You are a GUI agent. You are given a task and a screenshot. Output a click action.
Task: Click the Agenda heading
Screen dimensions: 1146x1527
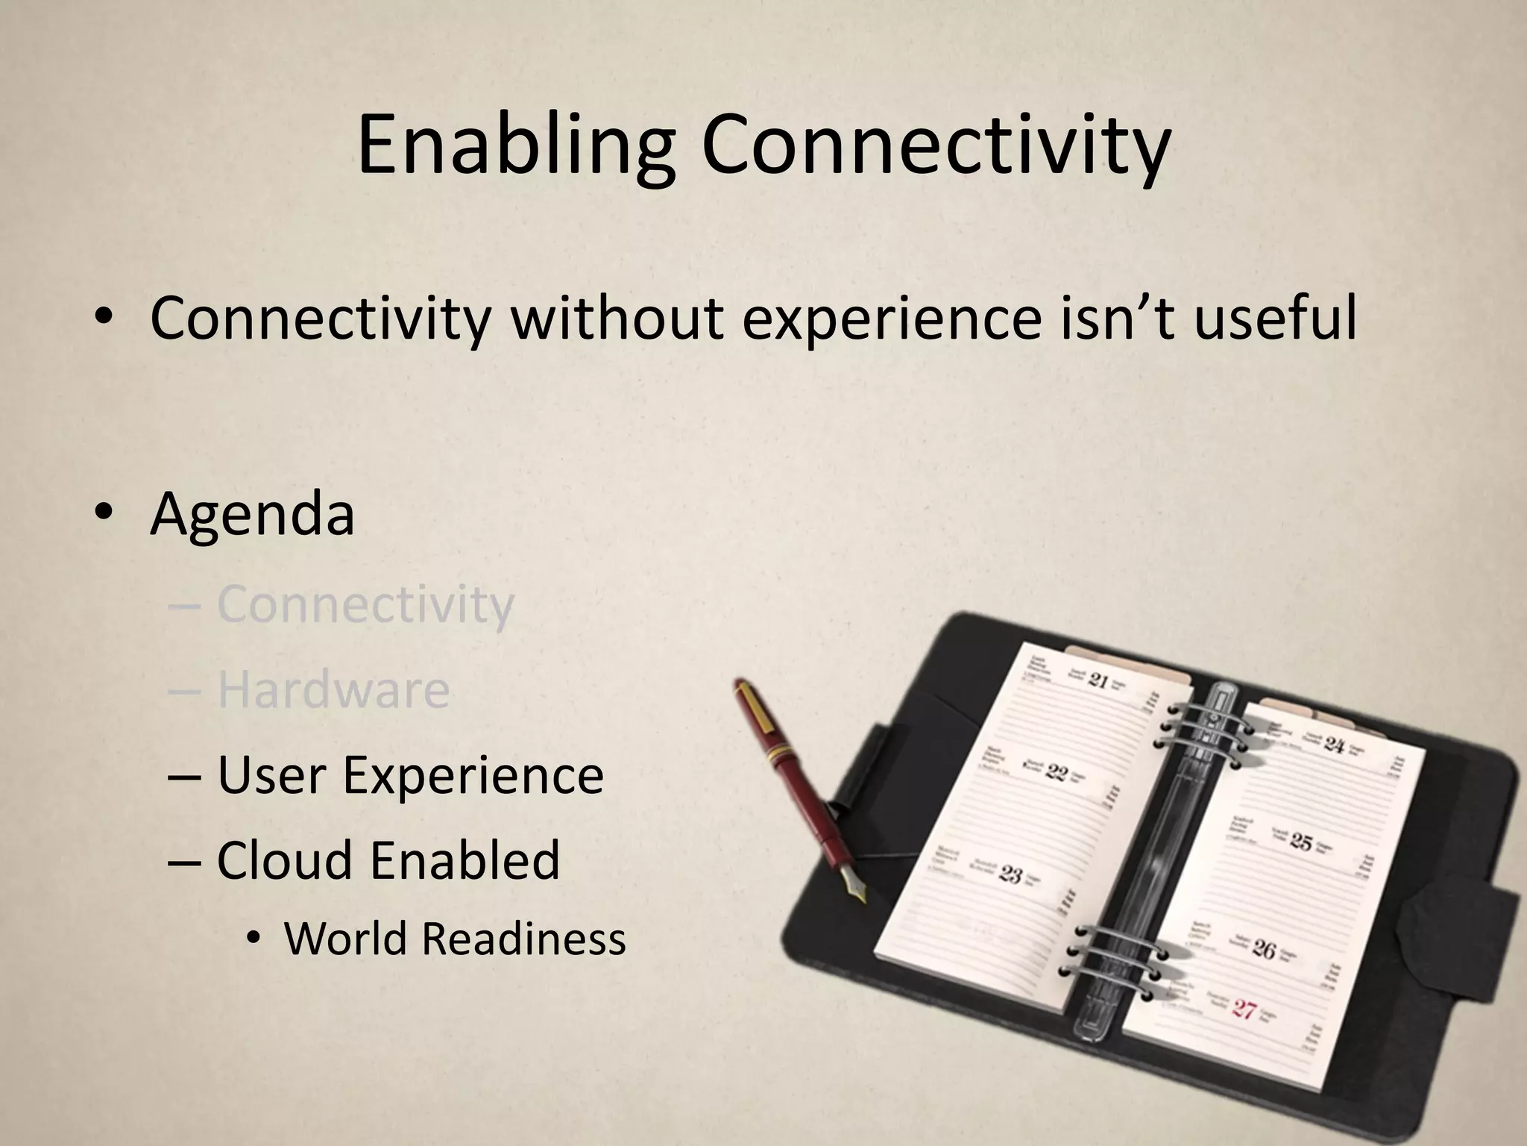click(252, 515)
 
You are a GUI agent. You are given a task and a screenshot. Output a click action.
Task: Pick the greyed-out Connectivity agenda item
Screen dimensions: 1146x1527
click(365, 604)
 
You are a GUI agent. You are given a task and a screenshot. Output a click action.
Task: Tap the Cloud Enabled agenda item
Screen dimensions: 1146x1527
click(388, 860)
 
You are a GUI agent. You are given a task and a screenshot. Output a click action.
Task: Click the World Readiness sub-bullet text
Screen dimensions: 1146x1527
click(455, 939)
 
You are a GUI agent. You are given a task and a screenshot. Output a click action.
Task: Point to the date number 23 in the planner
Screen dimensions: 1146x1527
click(1010, 873)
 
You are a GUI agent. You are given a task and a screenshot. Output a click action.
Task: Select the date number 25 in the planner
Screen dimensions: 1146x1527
click(1301, 842)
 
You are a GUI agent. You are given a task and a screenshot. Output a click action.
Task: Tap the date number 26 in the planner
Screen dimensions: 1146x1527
click(1265, 949)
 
